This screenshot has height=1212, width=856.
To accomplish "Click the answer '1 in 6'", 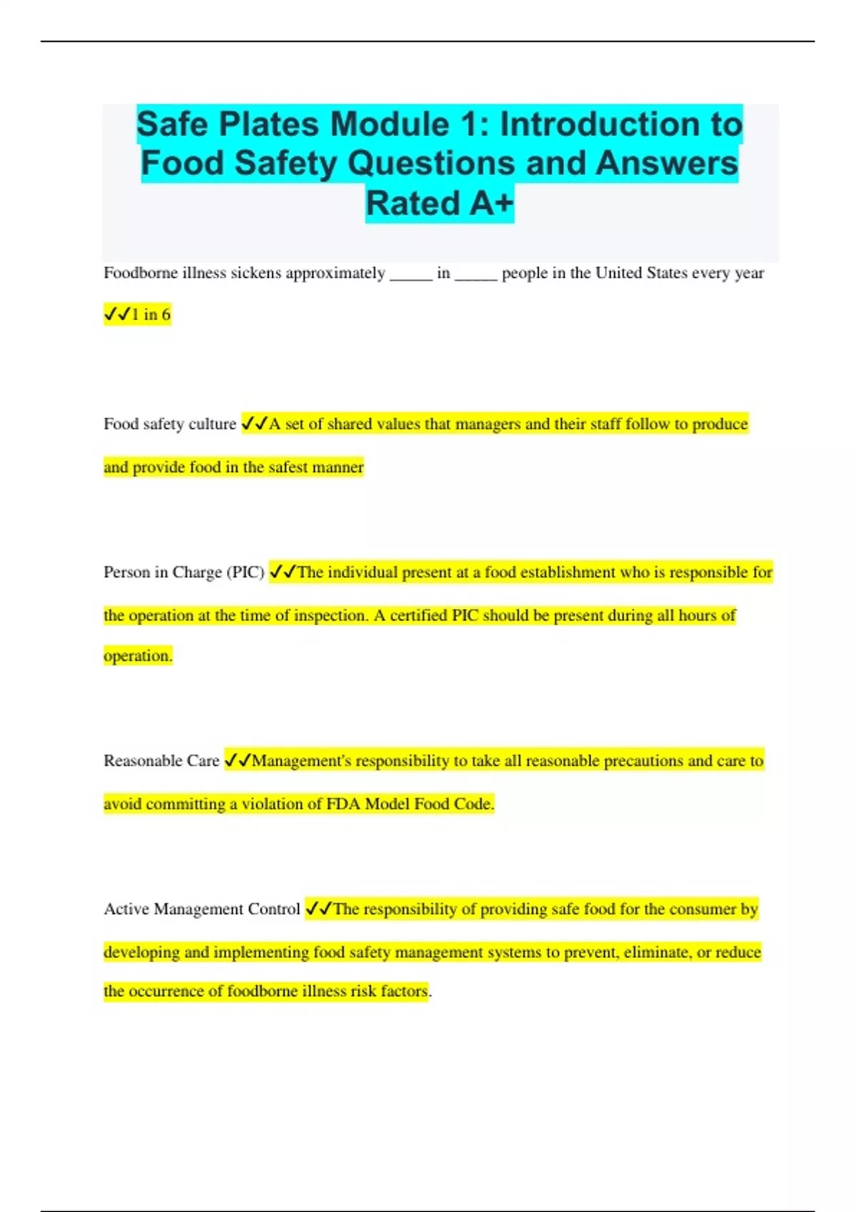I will pos(151,314).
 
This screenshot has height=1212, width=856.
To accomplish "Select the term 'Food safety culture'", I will pos(170,424).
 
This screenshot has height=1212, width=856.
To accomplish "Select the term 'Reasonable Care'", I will pos(161,761).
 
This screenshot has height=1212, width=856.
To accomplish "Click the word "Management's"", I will pos(302,761).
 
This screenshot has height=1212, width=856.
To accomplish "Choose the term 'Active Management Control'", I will pos(202,909).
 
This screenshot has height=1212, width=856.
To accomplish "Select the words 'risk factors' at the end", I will pos(389,991).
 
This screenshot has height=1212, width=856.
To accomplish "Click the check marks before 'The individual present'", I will pos(282,572).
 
